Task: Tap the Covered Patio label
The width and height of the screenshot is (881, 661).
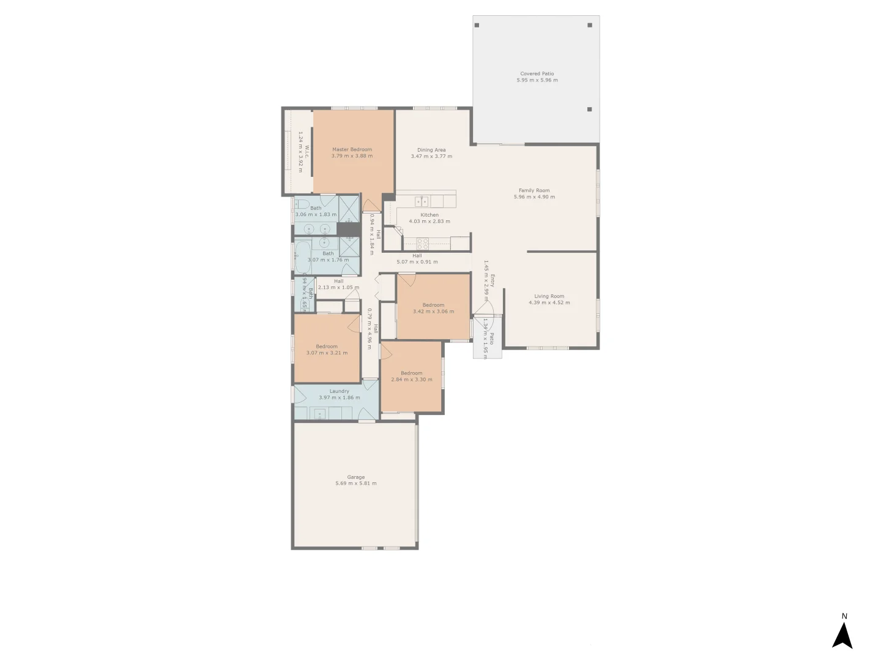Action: (537, 73)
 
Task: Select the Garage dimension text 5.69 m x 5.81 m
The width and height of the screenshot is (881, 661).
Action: (356, 484)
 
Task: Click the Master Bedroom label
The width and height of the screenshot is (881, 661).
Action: (352, 149)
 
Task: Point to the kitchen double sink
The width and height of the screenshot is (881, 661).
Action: (422, 201)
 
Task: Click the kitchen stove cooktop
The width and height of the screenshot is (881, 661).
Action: (423, 243)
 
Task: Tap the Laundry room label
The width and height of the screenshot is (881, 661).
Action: (340, 391)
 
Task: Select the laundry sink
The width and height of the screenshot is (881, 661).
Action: (320, 414)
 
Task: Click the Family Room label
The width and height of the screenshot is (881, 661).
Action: (534, 190)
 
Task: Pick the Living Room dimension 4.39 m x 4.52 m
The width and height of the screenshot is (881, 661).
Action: (549, 302)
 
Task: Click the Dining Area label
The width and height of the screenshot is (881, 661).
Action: (431, 150)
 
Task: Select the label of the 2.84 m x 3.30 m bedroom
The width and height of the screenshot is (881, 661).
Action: (412, 373)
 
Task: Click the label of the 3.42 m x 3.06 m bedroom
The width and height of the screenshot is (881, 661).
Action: (433, 305)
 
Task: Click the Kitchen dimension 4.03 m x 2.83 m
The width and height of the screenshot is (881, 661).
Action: (429, 222)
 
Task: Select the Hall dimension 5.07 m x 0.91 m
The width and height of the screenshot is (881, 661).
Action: (417, 262)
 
